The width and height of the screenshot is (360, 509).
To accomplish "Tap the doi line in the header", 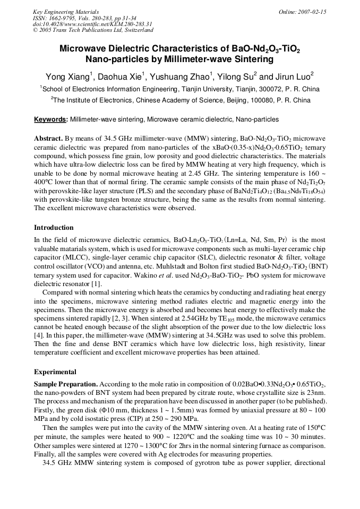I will click(92, 24).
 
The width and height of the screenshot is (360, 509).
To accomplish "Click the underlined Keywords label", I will click(50, 120).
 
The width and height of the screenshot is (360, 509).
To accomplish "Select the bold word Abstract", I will click(48, 137).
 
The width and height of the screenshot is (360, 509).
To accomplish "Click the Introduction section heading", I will click(54, 228).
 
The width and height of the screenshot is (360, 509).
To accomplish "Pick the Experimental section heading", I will click(55, 372).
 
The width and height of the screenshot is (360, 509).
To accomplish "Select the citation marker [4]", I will click(38, 336).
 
